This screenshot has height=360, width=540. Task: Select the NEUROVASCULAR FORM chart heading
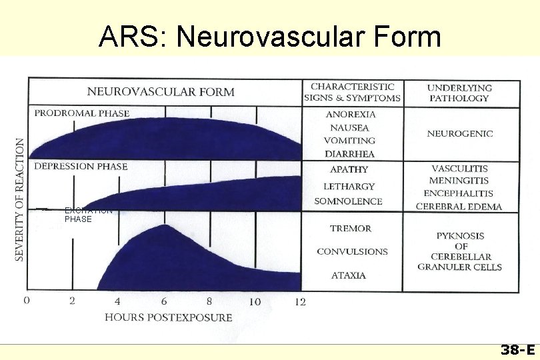pos(161,91)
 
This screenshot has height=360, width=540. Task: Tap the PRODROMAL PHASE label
pos(82,113)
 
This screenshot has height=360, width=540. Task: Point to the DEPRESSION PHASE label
pos(81,166)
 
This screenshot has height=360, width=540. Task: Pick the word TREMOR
pos(351,229)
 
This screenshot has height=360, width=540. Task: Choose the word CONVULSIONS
pos(352,252)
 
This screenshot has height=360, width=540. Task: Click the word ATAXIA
pos(349,275)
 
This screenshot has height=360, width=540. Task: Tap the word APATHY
pos(349,170)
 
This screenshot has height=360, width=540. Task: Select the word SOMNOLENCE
pos(348,201)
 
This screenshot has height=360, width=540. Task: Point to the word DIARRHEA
pos(350,154)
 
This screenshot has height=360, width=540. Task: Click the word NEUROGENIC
pos(460,133)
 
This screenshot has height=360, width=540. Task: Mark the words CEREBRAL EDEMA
pos(459,207)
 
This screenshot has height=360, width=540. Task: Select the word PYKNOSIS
pos(460,236)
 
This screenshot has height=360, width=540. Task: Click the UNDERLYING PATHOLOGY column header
pos(460,93)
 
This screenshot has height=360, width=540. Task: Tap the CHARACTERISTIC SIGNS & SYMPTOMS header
pos(352,92)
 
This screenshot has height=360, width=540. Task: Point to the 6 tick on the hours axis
pos(163,301)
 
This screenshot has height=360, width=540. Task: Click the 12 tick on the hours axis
pos(300,302)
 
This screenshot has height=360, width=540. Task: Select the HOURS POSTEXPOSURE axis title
pos(169,317)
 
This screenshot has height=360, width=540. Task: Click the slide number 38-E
pos(517,350)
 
